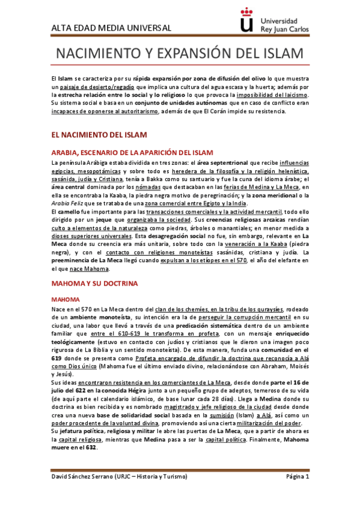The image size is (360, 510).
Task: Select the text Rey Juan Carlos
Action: pyautogui.click(x=285, y=28)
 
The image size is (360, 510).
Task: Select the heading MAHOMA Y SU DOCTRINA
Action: pyautogui.click(x=95, y=282)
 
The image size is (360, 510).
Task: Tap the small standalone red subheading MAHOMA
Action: pyautogui.click(x=66, y=299)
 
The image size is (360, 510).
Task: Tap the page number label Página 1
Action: pyautogui.click(x=297, y=494)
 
